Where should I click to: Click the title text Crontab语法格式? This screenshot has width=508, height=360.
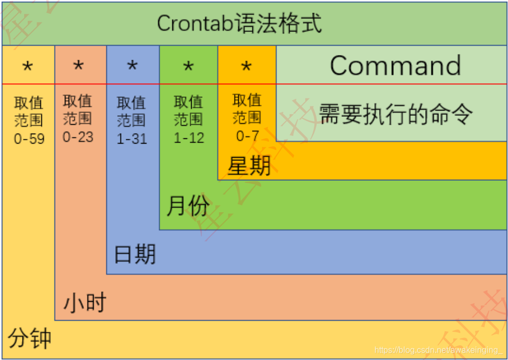click(x=239, y=24)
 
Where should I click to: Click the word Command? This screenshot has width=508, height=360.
click(x=395, y=66)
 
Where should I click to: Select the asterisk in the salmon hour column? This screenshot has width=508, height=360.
click(x=79, y=66)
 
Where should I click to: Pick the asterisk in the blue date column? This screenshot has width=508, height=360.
click(x=132, y=67)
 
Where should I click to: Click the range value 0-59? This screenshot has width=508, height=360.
click(x=29, y=139)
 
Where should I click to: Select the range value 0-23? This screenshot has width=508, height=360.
click(x=78, y=137)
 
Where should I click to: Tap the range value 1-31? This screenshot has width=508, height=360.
click(x=131, y=139)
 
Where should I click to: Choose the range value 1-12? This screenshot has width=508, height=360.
click(x=189, y=138)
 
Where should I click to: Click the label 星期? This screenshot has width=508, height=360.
click(x=249, y=166)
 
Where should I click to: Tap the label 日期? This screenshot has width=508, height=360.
click(x=135, y=255)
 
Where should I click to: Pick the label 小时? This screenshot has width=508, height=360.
click(x=85, y=303)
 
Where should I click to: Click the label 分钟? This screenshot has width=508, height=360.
click(x=30, y=338)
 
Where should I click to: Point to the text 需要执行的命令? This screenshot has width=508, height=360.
click(x=396, y=114)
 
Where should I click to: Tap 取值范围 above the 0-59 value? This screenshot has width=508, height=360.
click(x=29, y=112)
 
